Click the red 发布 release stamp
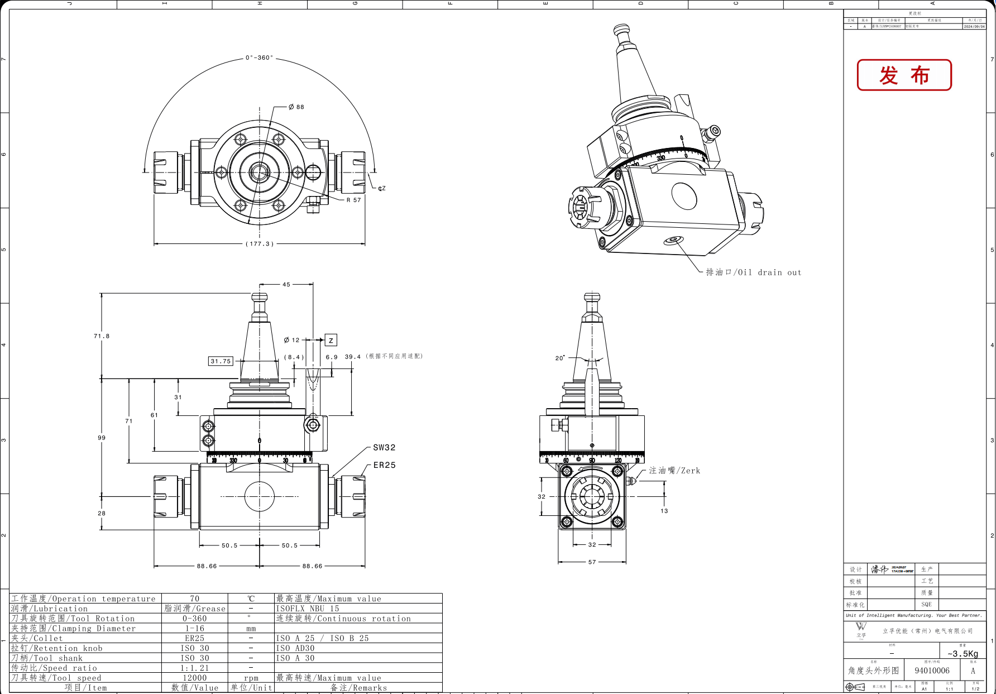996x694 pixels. pos(904,75)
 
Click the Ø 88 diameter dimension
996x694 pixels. pos(296,107)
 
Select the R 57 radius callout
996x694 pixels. pos(353,200)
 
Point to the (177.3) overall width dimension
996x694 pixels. pos(260,244)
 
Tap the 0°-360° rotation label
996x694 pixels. pos(260,58)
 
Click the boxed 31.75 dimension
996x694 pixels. pos(221,361)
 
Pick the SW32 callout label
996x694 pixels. pos(384,448)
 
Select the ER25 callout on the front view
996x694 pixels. pos(384,465)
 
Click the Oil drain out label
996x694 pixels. pos(753,272)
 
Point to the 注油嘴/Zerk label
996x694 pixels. pos(674,471)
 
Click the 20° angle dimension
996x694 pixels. pos(559,358)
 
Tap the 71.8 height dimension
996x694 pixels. pos(102,336)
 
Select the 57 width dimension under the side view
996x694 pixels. pos(592,562)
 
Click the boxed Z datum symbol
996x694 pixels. pos(331,340)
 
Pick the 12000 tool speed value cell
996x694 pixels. pos(194,678)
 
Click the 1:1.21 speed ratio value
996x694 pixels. pos(194,668)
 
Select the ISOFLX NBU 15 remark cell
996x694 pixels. pos(308,609)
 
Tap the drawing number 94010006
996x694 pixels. pos(932,671)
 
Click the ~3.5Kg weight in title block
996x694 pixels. pos(963,654)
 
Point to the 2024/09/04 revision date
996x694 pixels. pos(974,26)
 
